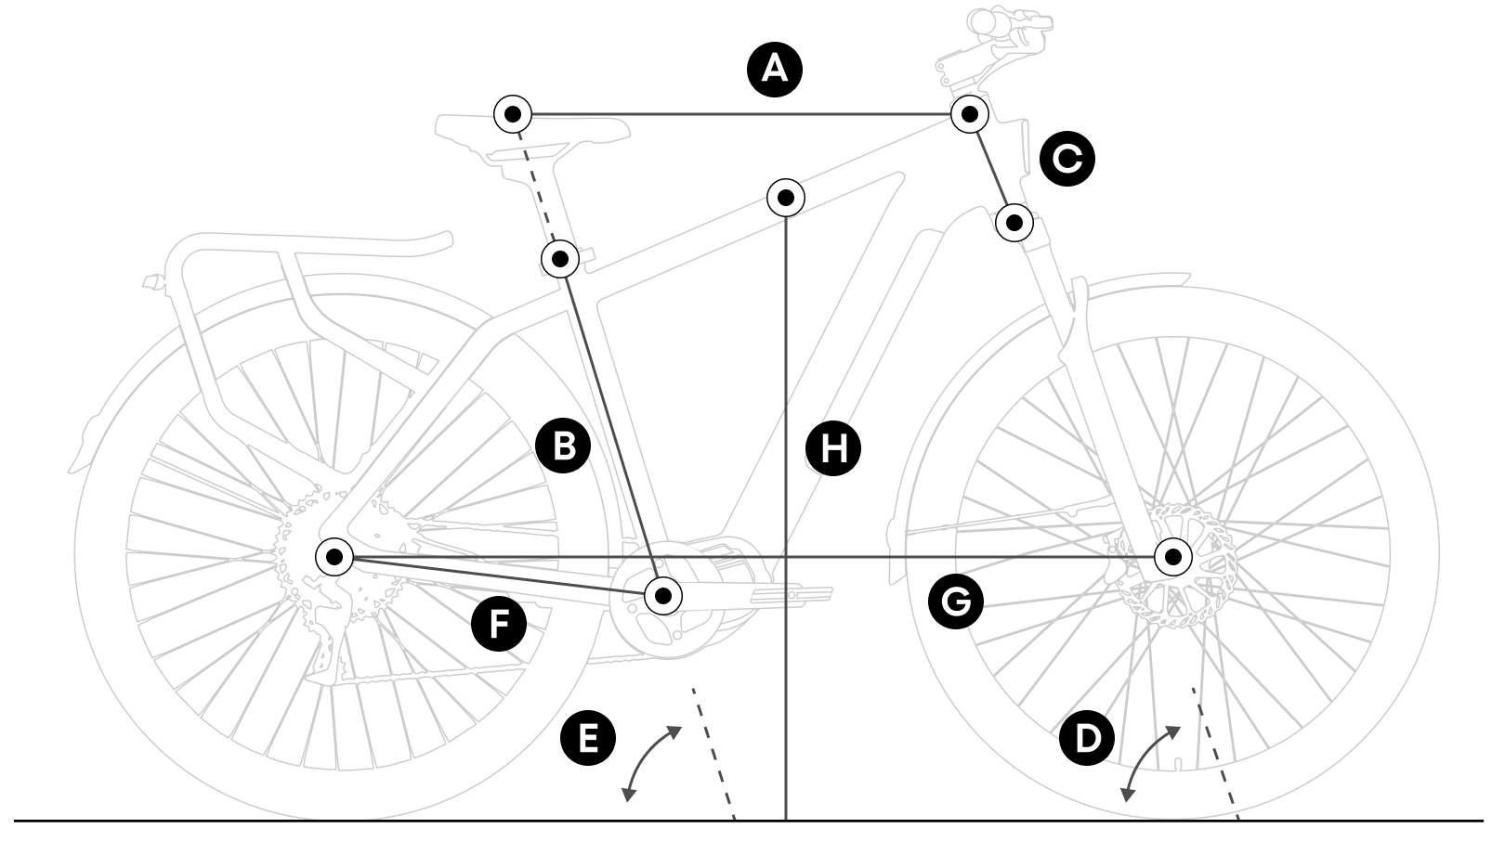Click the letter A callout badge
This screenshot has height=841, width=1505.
point(775,69)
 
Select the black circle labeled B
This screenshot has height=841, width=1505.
point(563,446)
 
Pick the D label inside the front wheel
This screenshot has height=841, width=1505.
point(1086,739)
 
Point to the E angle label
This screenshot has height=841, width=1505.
point(588,739)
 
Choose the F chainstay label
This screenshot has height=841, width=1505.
point(499,624)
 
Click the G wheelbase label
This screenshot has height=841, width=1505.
point(956,602)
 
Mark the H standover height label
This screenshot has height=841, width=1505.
point(833,449)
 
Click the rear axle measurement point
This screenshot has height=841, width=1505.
point(334,557)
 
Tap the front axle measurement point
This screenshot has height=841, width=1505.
point(1173,557)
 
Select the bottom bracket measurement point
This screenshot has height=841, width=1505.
point(662,595)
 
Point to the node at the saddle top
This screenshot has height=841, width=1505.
point(512,115)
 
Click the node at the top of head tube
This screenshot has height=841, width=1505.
point(969,114)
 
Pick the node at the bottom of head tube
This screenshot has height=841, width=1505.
point(1014,223)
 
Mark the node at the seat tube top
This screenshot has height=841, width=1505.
point(560,259)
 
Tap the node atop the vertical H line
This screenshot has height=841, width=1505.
point(786,197)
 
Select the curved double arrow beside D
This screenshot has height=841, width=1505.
point(1149,763)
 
